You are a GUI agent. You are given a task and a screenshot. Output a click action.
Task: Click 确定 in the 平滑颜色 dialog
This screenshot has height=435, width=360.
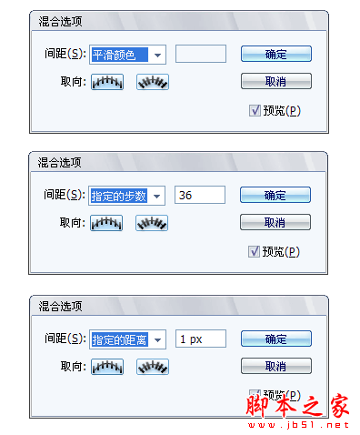click(276, 55)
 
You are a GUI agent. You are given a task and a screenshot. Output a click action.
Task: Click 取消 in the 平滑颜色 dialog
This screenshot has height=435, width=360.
click(276, 81)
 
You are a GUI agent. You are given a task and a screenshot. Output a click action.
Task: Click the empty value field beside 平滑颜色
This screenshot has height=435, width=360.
click(200, 55)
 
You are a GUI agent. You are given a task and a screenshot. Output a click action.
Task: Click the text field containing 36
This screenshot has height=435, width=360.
click(199, 195)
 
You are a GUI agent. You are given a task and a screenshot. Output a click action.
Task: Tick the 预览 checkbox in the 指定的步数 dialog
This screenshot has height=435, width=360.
click(254, 251)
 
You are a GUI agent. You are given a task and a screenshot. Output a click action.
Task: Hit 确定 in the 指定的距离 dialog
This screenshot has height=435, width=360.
click(275, 339)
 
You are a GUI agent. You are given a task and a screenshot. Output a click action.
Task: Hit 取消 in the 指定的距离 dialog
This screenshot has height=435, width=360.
click(275, 366)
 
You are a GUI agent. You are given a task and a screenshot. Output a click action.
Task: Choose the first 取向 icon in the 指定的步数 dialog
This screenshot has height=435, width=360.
click(106, 222)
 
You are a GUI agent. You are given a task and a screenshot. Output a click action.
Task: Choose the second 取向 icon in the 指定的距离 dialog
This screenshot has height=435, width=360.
click(152, 366)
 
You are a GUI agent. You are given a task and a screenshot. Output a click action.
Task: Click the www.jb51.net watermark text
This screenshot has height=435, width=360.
click(313, 423)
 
